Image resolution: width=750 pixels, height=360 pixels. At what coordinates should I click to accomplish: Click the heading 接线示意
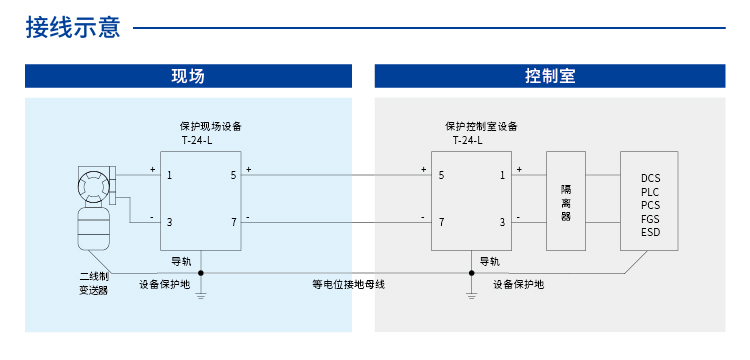click(x=73, y=28)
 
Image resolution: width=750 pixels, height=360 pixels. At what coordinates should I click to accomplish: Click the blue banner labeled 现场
click(x=188, y=77)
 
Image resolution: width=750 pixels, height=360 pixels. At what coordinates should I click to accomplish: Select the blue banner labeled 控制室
click(x=549, y=77)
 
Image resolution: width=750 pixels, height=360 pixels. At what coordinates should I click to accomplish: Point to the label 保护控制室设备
click(x=481, y=126)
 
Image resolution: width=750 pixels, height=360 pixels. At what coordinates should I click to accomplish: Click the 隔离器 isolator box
click(x=566, y=200)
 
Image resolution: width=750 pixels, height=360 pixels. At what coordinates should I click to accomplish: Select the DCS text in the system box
click(x=651, y=178)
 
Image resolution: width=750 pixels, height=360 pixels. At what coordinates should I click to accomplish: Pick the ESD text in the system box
click(x=651, y=233)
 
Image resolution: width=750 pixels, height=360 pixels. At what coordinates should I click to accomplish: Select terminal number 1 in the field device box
click(x=171, y=175)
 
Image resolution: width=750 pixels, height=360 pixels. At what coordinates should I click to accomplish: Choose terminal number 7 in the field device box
click(x=234, y=222)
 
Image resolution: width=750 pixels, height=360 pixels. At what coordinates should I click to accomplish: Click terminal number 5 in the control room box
click(x=441, y=175)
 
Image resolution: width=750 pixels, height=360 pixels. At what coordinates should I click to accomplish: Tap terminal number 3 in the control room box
click(x=503, y=222)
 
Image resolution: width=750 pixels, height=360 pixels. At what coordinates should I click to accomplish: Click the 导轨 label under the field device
click(x=181, y=261)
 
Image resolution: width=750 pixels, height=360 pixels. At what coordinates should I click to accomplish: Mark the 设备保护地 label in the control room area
click(x=518, y=284)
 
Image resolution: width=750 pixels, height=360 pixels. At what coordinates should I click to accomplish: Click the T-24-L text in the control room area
click(x=467, y=141)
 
